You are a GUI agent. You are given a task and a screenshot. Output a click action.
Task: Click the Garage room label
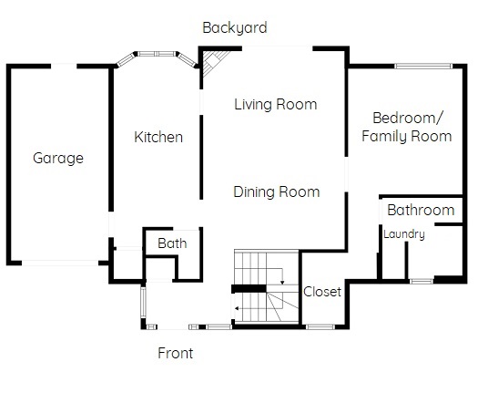58,159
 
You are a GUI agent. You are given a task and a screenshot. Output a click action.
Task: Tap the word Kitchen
158,137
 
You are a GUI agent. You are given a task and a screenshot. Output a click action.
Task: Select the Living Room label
276,105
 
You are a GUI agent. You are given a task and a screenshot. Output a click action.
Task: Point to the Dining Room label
277,192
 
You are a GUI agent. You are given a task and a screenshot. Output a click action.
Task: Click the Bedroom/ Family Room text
407,127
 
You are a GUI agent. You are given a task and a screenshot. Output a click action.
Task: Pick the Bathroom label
421,210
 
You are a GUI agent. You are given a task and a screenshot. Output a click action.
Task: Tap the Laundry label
404,234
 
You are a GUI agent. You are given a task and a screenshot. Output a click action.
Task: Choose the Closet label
322,292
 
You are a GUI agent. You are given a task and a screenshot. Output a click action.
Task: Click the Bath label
172,243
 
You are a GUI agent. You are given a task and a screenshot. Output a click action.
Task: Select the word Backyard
235,28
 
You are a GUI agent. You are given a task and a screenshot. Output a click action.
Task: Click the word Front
176,353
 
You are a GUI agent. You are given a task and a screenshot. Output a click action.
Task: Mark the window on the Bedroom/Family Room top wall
423,66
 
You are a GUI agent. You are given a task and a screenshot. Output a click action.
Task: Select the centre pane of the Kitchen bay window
157,54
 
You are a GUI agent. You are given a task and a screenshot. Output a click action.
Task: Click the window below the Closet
320,327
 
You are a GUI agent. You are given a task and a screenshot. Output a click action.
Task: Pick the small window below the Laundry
421,281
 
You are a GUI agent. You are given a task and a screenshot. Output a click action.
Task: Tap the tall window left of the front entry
143,302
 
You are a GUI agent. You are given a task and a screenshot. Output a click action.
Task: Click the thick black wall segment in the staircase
249,289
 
